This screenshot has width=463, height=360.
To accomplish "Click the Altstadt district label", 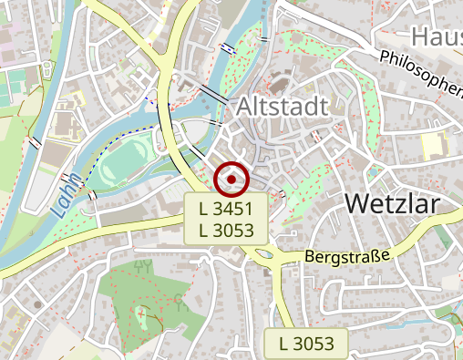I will click(x=282, y=107).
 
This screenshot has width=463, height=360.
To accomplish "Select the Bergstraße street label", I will click(x=348, y=257).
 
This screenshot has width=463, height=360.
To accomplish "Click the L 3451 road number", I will click(x=226, y=209).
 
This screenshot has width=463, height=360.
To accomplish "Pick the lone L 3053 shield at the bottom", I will click(x=306, y=344).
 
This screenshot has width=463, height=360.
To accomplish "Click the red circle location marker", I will click(x=231, y=180).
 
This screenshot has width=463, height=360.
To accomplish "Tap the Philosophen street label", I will click(x=420, y=73).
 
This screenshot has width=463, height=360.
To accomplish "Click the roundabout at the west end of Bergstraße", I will click(x=266, y=255).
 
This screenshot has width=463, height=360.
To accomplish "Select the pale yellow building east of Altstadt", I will click(x=431, y=145).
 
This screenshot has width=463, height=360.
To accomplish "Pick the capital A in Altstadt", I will click(x=245, y=107).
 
